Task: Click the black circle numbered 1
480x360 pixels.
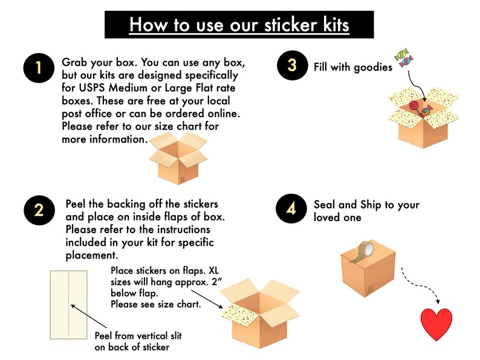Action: (39, 68)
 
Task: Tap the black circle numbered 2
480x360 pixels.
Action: (39, 210)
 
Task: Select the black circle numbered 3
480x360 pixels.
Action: (293, 65)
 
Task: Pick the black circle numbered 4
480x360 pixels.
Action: (291, 208)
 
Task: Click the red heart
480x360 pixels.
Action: (436, 324)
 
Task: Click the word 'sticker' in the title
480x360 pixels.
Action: (291, 25)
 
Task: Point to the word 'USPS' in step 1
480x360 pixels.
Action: (92, 88)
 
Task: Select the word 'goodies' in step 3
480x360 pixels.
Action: (372, 68)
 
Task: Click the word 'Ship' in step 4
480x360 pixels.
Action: (371, 205)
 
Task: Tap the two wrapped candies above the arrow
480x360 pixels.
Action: (404, 57)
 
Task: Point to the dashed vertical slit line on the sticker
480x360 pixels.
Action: (69, 304)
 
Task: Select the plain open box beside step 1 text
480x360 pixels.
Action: (178, 158)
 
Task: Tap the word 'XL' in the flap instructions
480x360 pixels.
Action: (213, 271)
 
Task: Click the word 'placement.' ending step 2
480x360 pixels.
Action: (92, 256)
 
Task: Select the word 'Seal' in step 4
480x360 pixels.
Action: (325, 204)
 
